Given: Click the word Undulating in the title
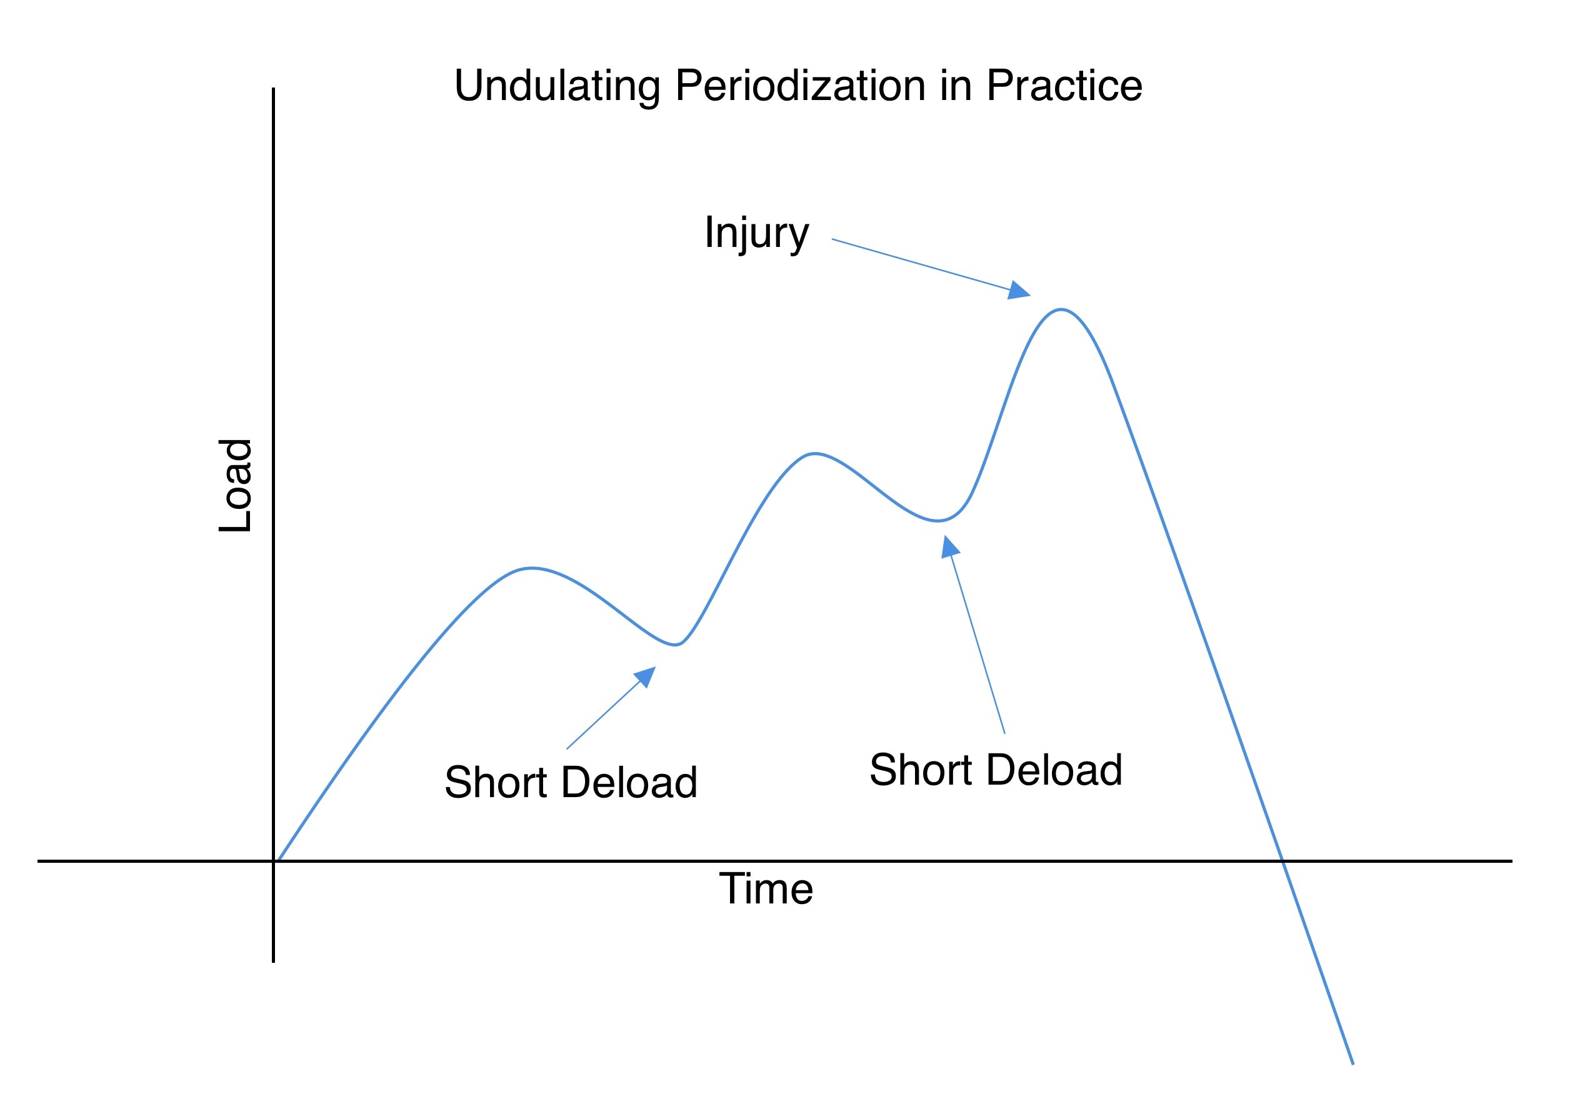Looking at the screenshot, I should click(x=557, y=86).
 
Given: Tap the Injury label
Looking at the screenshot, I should click(x=756, y=234).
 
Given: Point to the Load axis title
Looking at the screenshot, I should click(x=236, y=485).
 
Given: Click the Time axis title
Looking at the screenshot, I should click(x=765, y=889).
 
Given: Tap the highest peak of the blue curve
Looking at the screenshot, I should click(x=1061, y=310).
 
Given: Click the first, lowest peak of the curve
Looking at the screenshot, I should click(x=532, y=568).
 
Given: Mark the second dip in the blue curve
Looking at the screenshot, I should click(x=938, y=521).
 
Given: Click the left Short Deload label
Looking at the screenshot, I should click(x=570, y=783).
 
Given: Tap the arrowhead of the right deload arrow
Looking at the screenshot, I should click(x=949, y=547).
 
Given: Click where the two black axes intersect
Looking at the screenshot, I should click(x=273, y=861).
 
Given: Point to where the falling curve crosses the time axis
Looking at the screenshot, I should click(x=1282, y=861).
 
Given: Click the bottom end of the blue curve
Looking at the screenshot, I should click(x=1352, y=1063).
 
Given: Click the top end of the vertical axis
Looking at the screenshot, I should click(x=273, y=89).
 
